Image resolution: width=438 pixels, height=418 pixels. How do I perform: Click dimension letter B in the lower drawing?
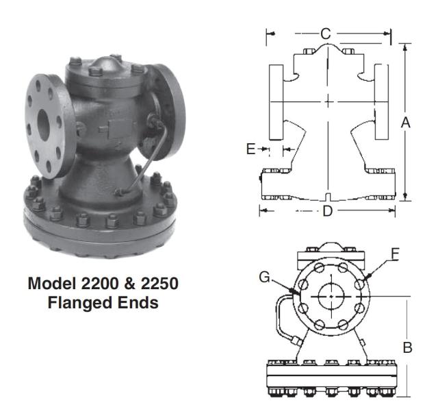(x=407, y=347)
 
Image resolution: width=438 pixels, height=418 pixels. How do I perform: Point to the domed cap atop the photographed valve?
(x=106, y=65)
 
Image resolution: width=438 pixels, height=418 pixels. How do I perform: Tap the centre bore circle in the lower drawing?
(x=331, y=296)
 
